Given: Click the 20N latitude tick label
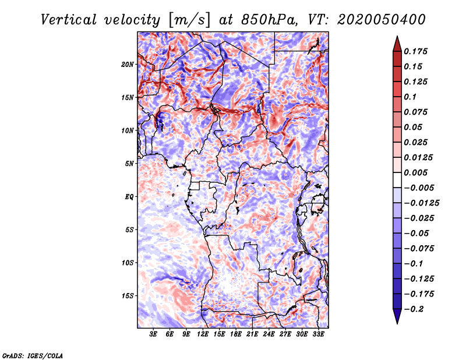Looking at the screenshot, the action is coord(128,65).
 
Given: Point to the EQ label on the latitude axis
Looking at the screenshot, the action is coord(129,197).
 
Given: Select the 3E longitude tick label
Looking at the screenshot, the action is coord(153,334).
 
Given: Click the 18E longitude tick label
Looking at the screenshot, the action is coord(236,334).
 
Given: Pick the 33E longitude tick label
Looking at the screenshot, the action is coord(318,334).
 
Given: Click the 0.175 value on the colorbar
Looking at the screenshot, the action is coord(415,51).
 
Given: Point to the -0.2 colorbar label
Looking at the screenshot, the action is coord(414,309).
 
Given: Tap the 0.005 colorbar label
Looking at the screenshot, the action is coord(415,172).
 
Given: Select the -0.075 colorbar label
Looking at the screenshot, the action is coord(419,249).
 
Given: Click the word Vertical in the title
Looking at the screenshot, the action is coord(69,20).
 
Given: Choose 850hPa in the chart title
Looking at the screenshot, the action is coord(269,20).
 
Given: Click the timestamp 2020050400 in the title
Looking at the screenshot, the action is coord(382,20).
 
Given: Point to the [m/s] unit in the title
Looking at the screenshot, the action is coord(189,20).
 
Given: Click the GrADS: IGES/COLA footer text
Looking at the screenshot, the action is coord(33,356).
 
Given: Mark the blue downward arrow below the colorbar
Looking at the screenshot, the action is coord(397,316).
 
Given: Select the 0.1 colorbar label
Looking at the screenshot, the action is coord(410,97).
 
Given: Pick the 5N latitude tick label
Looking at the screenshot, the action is coord(129,164).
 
